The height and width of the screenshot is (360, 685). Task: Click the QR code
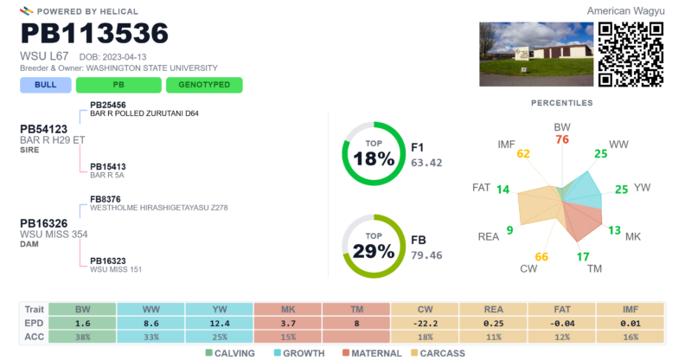tap(631, 55)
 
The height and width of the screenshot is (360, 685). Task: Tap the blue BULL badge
tap(46, 85)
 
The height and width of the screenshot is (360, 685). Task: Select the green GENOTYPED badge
tap(204, 85)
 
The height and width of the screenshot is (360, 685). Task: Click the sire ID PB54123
tap(44, 129)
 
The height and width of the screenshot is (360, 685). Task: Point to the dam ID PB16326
tap(44, 223)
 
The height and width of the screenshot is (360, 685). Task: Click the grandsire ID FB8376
tap(106, 199)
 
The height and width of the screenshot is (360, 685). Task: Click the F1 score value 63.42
tap(426, 163)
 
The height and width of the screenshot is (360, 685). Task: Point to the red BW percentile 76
tap(562, 139)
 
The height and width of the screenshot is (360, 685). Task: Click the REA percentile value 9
tap(509, 230)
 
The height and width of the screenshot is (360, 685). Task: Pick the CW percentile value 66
tap(541, 257)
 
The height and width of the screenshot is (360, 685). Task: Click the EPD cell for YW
tap(220, 324)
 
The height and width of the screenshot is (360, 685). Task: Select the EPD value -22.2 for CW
tap(425, 324)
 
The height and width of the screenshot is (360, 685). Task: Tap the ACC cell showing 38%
tap(82, 337)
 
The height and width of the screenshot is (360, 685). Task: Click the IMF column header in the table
tap(631, 309)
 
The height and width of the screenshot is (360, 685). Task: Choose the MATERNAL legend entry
tap(372, 353)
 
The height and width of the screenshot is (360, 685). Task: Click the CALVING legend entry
tap(230, 353)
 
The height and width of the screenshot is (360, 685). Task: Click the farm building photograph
tap(536, 55)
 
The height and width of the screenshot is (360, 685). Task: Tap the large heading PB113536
tap(94, 33)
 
